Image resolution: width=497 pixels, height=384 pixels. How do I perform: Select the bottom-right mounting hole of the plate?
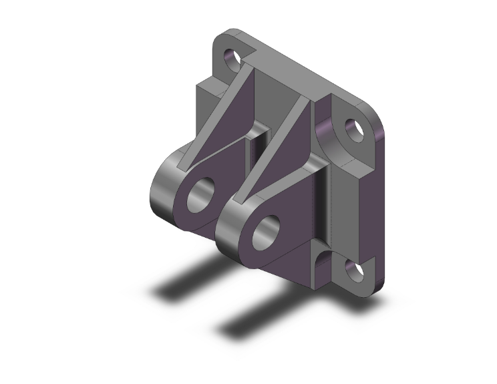point(352,270)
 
